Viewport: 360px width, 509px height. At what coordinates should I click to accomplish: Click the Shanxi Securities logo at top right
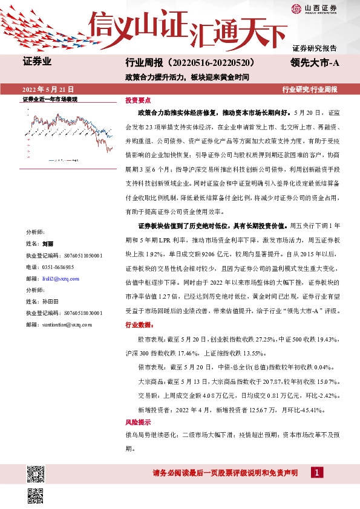tap(313, 8)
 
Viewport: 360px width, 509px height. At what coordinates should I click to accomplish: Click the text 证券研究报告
tap(315, 48)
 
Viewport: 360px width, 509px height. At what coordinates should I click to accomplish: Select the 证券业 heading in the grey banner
tap(38, 61)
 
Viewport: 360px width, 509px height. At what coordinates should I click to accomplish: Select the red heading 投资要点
tap(138, 100)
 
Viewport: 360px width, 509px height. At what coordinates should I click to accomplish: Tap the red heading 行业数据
tap(139, 325)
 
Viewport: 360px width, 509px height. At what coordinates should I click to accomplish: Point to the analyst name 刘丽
tap(48, 244)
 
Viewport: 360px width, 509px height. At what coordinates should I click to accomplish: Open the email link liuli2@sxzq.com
tap(62, 278)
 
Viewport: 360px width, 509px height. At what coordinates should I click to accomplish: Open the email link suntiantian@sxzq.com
tap(67, 324)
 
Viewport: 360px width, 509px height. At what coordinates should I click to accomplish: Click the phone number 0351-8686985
tap(57, 267)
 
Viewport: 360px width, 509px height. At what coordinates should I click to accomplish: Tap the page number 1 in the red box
tap(316, 472)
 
